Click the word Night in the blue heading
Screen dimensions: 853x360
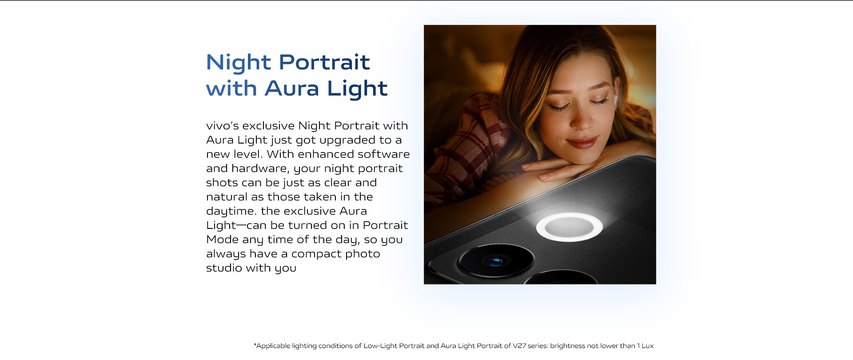point(239,63)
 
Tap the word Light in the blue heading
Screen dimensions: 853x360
point(357,89)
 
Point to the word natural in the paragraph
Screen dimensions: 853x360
point(227,197)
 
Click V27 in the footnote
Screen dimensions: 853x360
point(519,346)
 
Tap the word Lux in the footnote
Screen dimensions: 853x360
point(648,346)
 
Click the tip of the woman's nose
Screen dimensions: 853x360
point(578,125)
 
